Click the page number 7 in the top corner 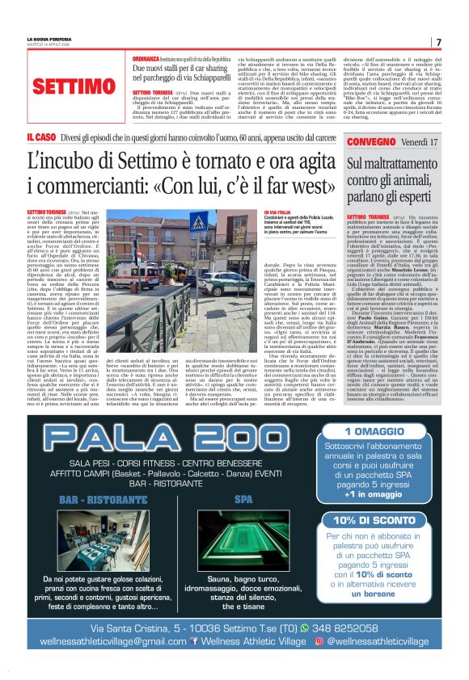click(438, 42)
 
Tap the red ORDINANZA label click(146, 60)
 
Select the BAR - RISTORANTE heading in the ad click(94, 500)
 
